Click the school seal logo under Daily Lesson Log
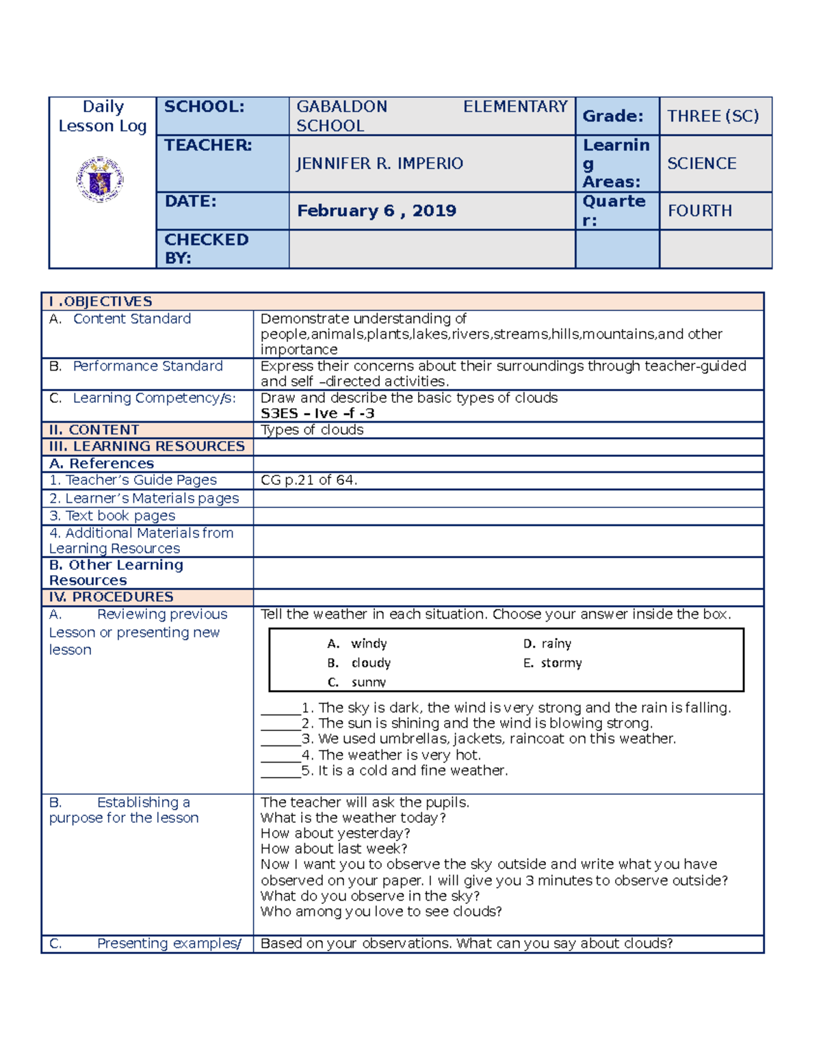(100, 179)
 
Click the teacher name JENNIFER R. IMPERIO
(379, 163)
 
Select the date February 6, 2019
(376, 211)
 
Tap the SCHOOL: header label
(204, 107)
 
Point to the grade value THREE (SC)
(713, 116)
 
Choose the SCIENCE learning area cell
(701, 163)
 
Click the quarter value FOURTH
(699, 211)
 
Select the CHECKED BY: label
(206, 248)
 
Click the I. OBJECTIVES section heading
(101, 302)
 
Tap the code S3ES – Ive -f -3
(317, 413)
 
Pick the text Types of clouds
(312, 429)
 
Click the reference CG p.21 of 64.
(309, 480)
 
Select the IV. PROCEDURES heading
(111, 597)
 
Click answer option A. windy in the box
(357, 643)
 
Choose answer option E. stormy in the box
(553, 663)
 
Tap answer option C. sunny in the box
(357, 682)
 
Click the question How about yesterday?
(335, 833)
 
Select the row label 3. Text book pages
(112, 516)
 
